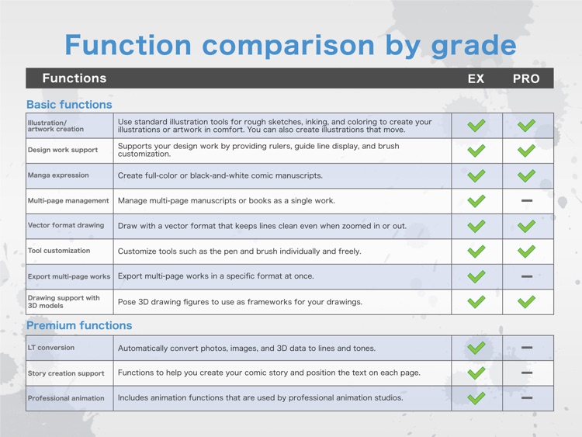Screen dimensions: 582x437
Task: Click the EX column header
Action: [476, 78]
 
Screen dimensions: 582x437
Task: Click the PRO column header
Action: [526, 78]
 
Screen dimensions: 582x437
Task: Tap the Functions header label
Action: [74, 78]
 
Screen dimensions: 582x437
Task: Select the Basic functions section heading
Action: [69, 105]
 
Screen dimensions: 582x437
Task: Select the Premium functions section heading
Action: [79, 325]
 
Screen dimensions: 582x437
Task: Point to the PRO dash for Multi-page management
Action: [527, 200]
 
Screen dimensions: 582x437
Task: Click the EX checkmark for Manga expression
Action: [476, 175]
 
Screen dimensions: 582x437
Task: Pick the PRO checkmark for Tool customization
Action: [526, 251]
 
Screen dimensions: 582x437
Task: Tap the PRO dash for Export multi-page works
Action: [527, 276]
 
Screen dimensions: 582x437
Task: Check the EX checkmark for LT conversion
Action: [476, 348]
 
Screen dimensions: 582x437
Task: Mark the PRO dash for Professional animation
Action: [527, 397]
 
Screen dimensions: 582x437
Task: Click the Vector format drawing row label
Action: [66, 225]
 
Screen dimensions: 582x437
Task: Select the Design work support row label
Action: [63, 150]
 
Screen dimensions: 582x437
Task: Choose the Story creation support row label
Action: [66, 373]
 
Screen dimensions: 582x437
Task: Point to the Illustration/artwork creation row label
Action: [56, 126]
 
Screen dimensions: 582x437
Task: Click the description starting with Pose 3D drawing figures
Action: [240, 302]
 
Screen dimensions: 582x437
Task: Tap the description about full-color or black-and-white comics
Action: [220, 175]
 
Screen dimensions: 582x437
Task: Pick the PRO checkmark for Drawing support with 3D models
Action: [526, 302]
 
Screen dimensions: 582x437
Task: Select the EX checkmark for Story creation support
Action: [476, 373]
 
